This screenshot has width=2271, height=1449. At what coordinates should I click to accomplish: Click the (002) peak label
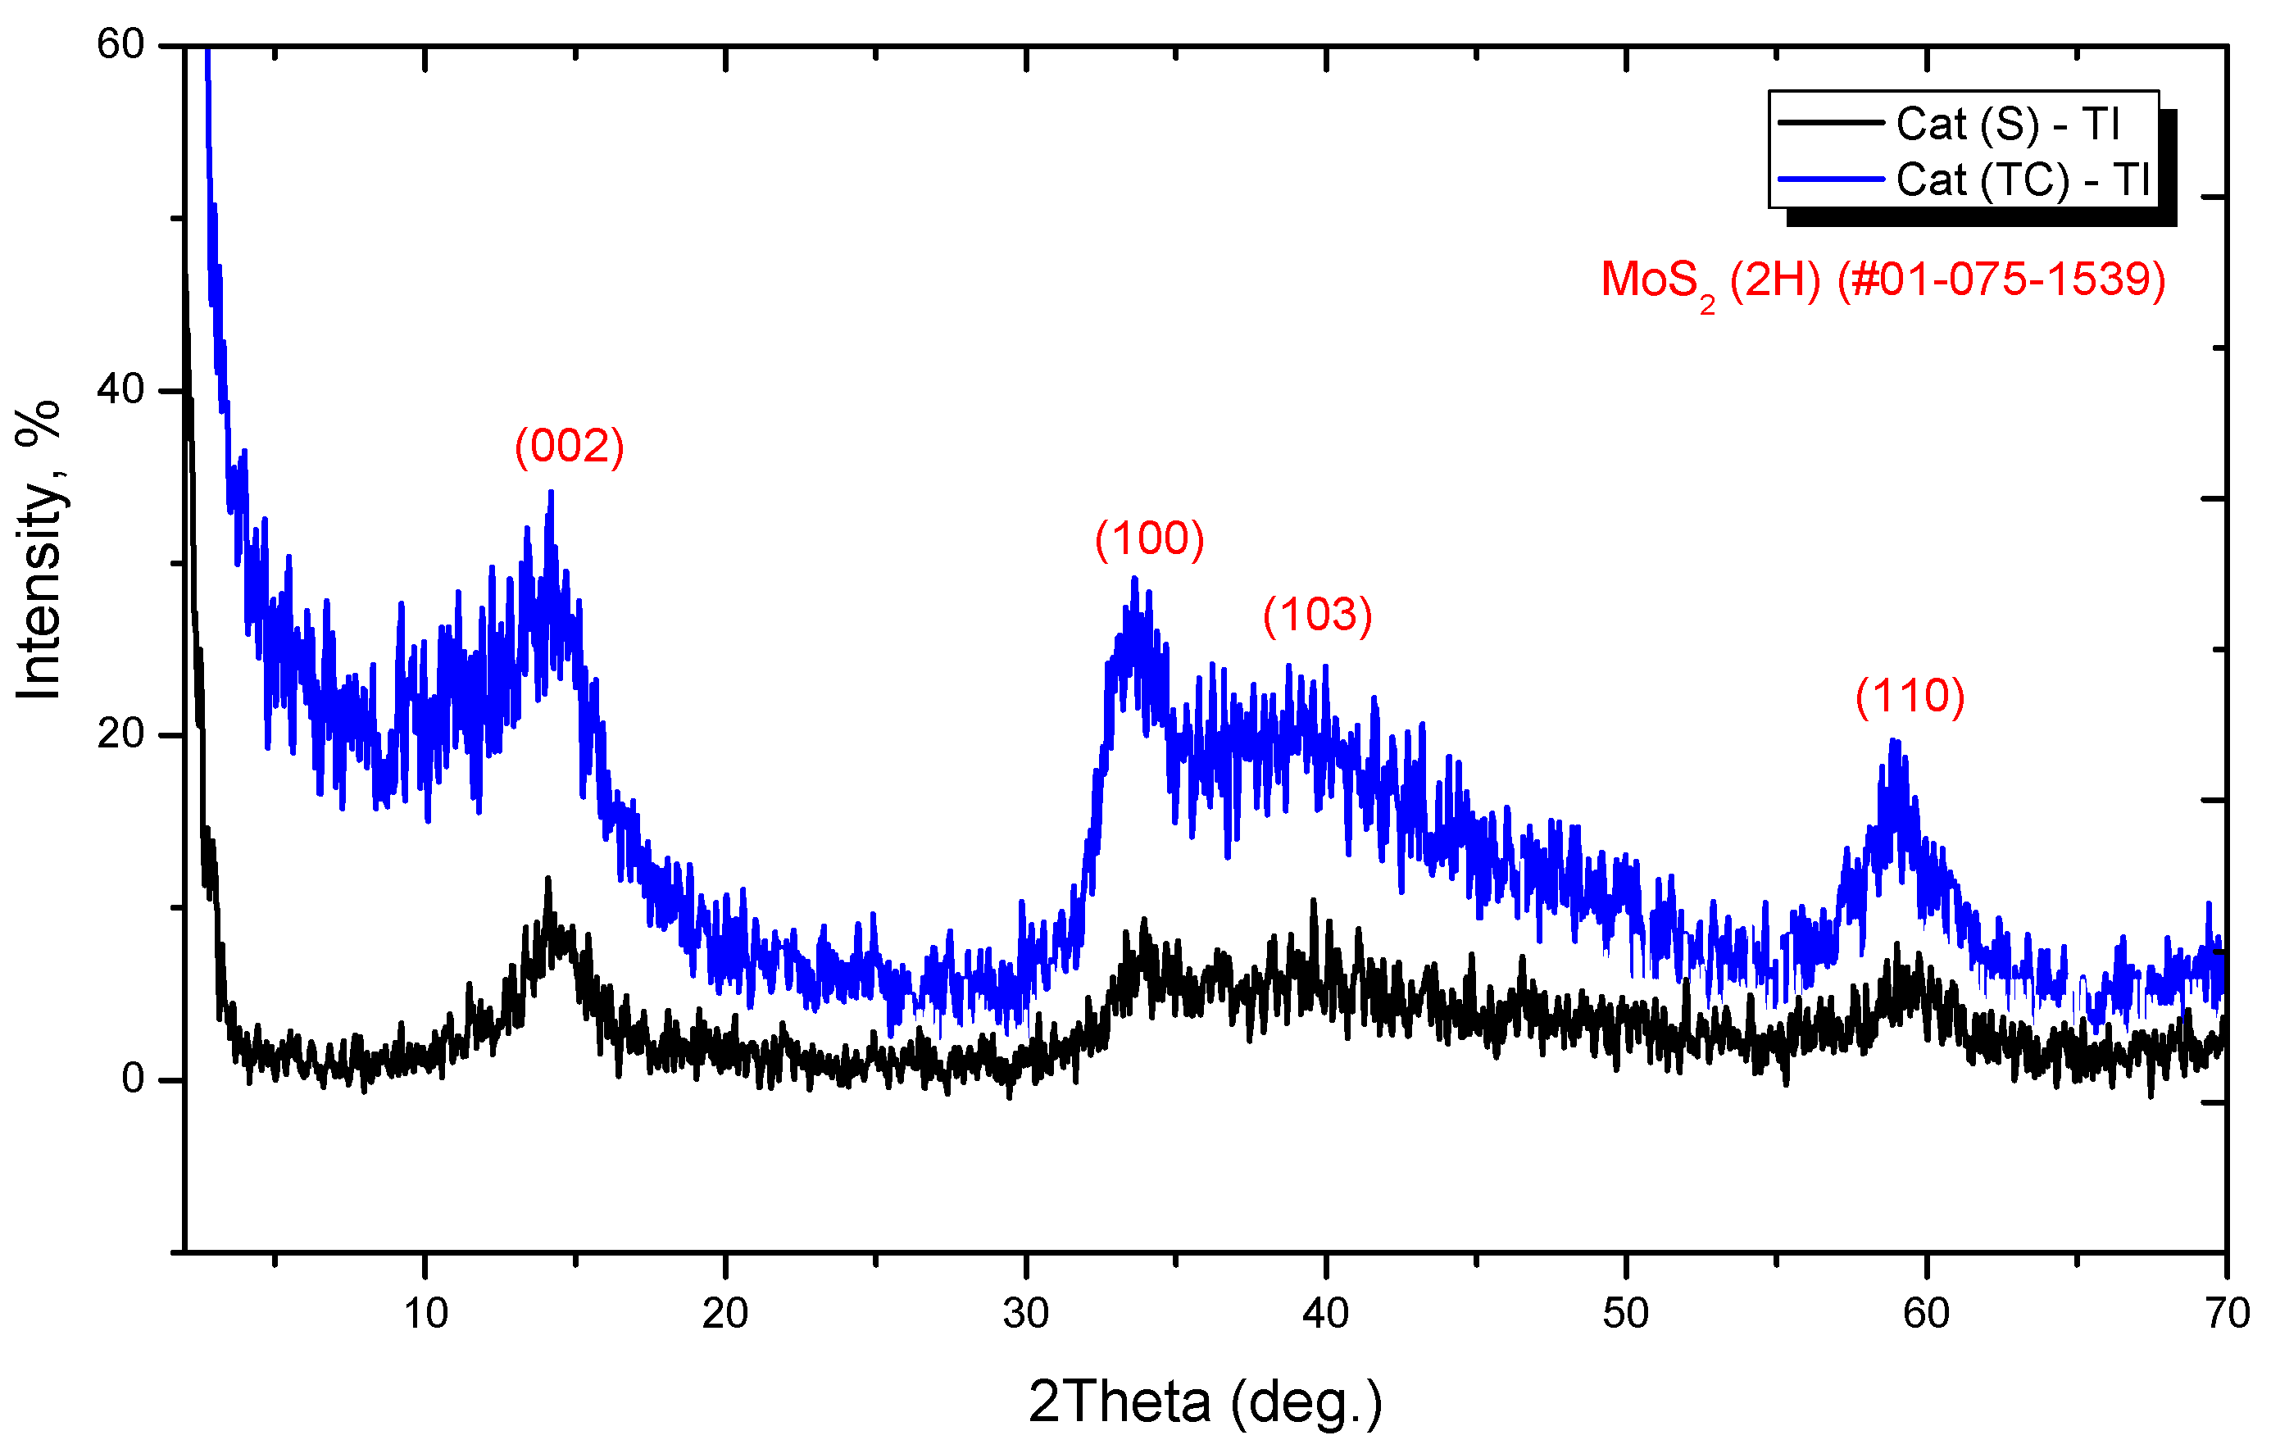click(x=569, y=445)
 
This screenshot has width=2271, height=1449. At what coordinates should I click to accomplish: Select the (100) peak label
click(x=1149, y=538)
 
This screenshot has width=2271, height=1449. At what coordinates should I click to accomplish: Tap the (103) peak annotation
click(x=1318, y=615)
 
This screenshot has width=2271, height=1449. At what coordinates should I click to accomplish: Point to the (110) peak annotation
click(x=1910, y=696)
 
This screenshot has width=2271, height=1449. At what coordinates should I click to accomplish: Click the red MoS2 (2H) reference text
click(x=1883, y=280)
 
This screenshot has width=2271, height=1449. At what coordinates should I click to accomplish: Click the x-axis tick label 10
click(x=425, y=1313)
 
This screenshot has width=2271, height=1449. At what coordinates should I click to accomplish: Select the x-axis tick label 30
click(x=1025, y=1313)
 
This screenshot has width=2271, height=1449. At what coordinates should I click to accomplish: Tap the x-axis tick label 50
click(x=1626, y=1313)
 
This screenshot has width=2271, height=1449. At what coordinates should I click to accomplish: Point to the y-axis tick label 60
click(x=120, y=44)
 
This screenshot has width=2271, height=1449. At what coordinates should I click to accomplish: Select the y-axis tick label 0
click(x=133, y=1079)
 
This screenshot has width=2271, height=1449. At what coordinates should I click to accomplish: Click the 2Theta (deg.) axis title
click(x=1205, y=1401)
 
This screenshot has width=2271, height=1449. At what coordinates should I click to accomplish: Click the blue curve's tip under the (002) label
click(x=551, y=493)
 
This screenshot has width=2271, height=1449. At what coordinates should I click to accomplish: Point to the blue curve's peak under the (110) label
click(x=1893, y=742)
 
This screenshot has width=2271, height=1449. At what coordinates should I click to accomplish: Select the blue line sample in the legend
click(x=1829, y=179)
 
